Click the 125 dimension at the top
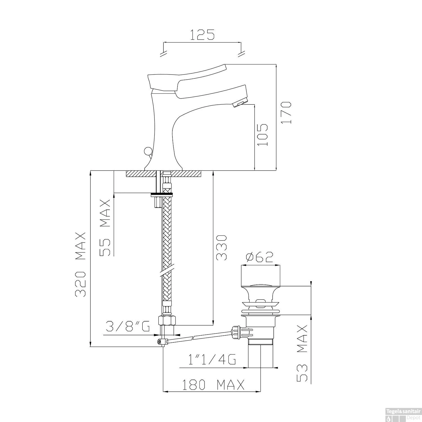[202, 34]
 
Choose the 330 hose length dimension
[221, 248]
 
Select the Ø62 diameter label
[259, 257]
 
